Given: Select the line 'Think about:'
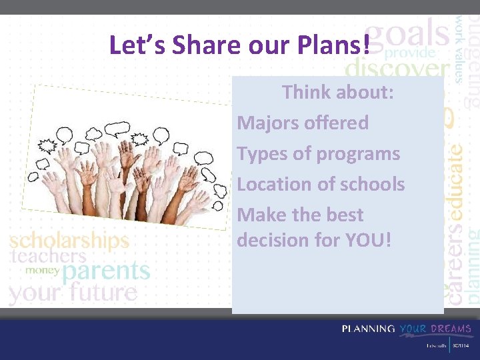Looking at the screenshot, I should tap(338, 92).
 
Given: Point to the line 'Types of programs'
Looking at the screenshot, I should tap(318, 153).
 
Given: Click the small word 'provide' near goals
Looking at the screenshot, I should tap(410, 52).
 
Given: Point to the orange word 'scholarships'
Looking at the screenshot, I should tap(69, 240).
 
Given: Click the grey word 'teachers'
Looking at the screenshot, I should tap(48, 256).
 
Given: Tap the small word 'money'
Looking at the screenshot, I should tap(42, 271).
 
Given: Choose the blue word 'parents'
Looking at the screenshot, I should tap(106, 271).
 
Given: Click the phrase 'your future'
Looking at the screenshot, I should tap(73, 292).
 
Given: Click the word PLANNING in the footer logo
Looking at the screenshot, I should tap(368, 329).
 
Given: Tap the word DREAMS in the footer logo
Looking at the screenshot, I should tap(451, 329).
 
